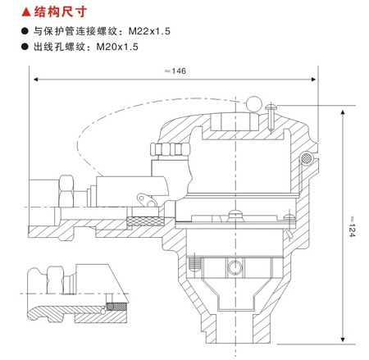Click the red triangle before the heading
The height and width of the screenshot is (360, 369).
point(26,12)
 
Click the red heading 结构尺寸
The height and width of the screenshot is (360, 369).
point(61,11)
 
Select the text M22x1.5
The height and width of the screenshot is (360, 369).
point(149,31)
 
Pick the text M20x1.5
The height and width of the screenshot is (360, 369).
point(117,47)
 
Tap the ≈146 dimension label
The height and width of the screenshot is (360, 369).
point(175,71)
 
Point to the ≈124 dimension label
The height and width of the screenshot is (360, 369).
point(352,226)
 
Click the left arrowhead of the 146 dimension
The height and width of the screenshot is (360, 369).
point(35,80)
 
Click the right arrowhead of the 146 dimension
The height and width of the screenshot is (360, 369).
point(313,80)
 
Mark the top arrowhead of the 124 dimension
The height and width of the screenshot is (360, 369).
point(343,112)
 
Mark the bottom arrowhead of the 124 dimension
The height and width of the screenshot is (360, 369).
point(343,339)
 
